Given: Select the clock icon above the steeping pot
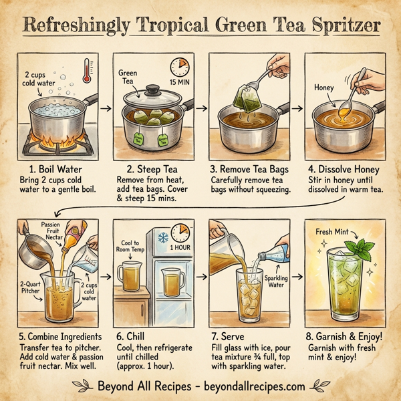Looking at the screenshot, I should (x=180, y=66).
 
